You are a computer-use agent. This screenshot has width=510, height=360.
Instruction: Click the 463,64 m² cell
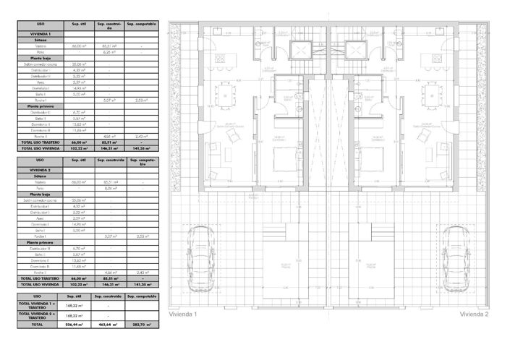(109, 325)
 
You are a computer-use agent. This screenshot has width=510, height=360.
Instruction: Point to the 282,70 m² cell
(141, 325)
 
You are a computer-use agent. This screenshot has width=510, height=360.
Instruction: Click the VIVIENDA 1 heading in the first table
(41, 34)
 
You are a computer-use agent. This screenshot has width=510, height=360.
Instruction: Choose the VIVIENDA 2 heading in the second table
(41, 169)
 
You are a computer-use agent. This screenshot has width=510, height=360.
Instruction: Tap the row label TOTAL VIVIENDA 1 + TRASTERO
(41, 306)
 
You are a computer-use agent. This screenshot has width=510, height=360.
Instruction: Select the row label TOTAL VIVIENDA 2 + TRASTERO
(41, 316)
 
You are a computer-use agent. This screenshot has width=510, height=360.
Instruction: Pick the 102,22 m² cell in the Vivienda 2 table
(75, 284)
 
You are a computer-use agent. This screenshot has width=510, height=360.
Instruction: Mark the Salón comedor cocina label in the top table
(41, 64)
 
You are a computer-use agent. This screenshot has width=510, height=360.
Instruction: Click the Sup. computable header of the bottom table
(141, 296)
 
